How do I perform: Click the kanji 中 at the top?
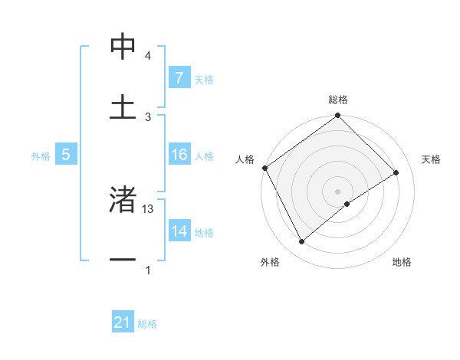(x=123, y=47)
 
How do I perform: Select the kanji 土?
(x=123, y=106)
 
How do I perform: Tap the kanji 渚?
(x=123, y=201)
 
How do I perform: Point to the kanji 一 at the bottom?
(x=123, y=260)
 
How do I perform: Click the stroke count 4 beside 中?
(x=148, y=56)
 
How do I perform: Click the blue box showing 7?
(x=179, y=78)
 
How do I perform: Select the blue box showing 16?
(x=179, y=155)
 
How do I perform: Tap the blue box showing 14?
(x=179, y=231)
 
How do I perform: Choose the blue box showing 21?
(x=123, y=323)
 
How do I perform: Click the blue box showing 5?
(x=66, y=155)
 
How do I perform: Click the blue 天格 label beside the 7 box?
(x=204, y=80)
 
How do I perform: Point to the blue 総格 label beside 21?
(x=147, y=325)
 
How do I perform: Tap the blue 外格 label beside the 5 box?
(x=41, y=156)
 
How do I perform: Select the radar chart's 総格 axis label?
(x=338, y=100)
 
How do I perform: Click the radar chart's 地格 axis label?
(x=402, y=263)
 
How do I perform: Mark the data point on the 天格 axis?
(x=396, y=172)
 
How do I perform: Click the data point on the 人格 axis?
(x=264, y=168)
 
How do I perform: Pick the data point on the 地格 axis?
(x=347, y=204)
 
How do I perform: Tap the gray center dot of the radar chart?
(x=337, y=191)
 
